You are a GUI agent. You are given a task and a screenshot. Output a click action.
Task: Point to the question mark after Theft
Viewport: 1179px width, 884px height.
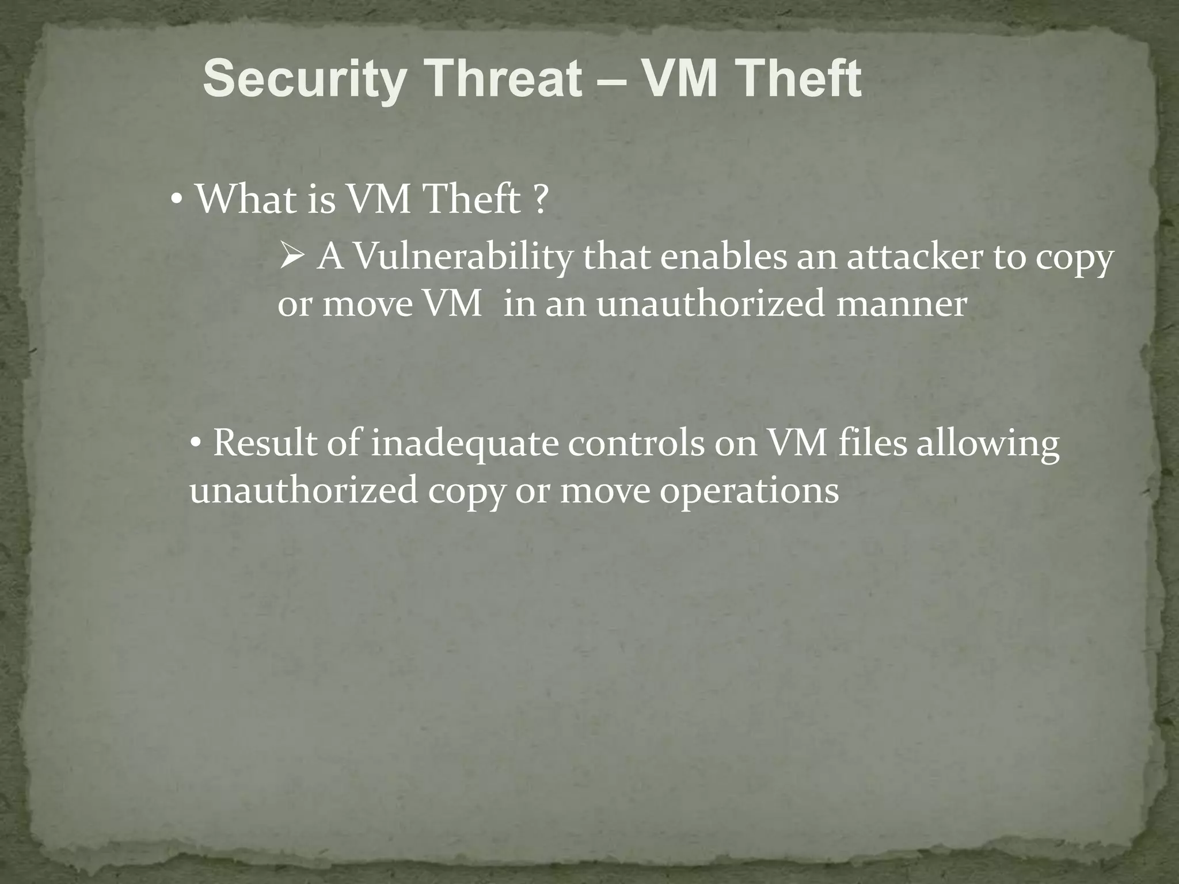pyautogui.click(x=539, y=200)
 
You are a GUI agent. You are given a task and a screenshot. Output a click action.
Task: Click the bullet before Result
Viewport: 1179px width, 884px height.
pyautogui.click(x=196, y=444)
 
